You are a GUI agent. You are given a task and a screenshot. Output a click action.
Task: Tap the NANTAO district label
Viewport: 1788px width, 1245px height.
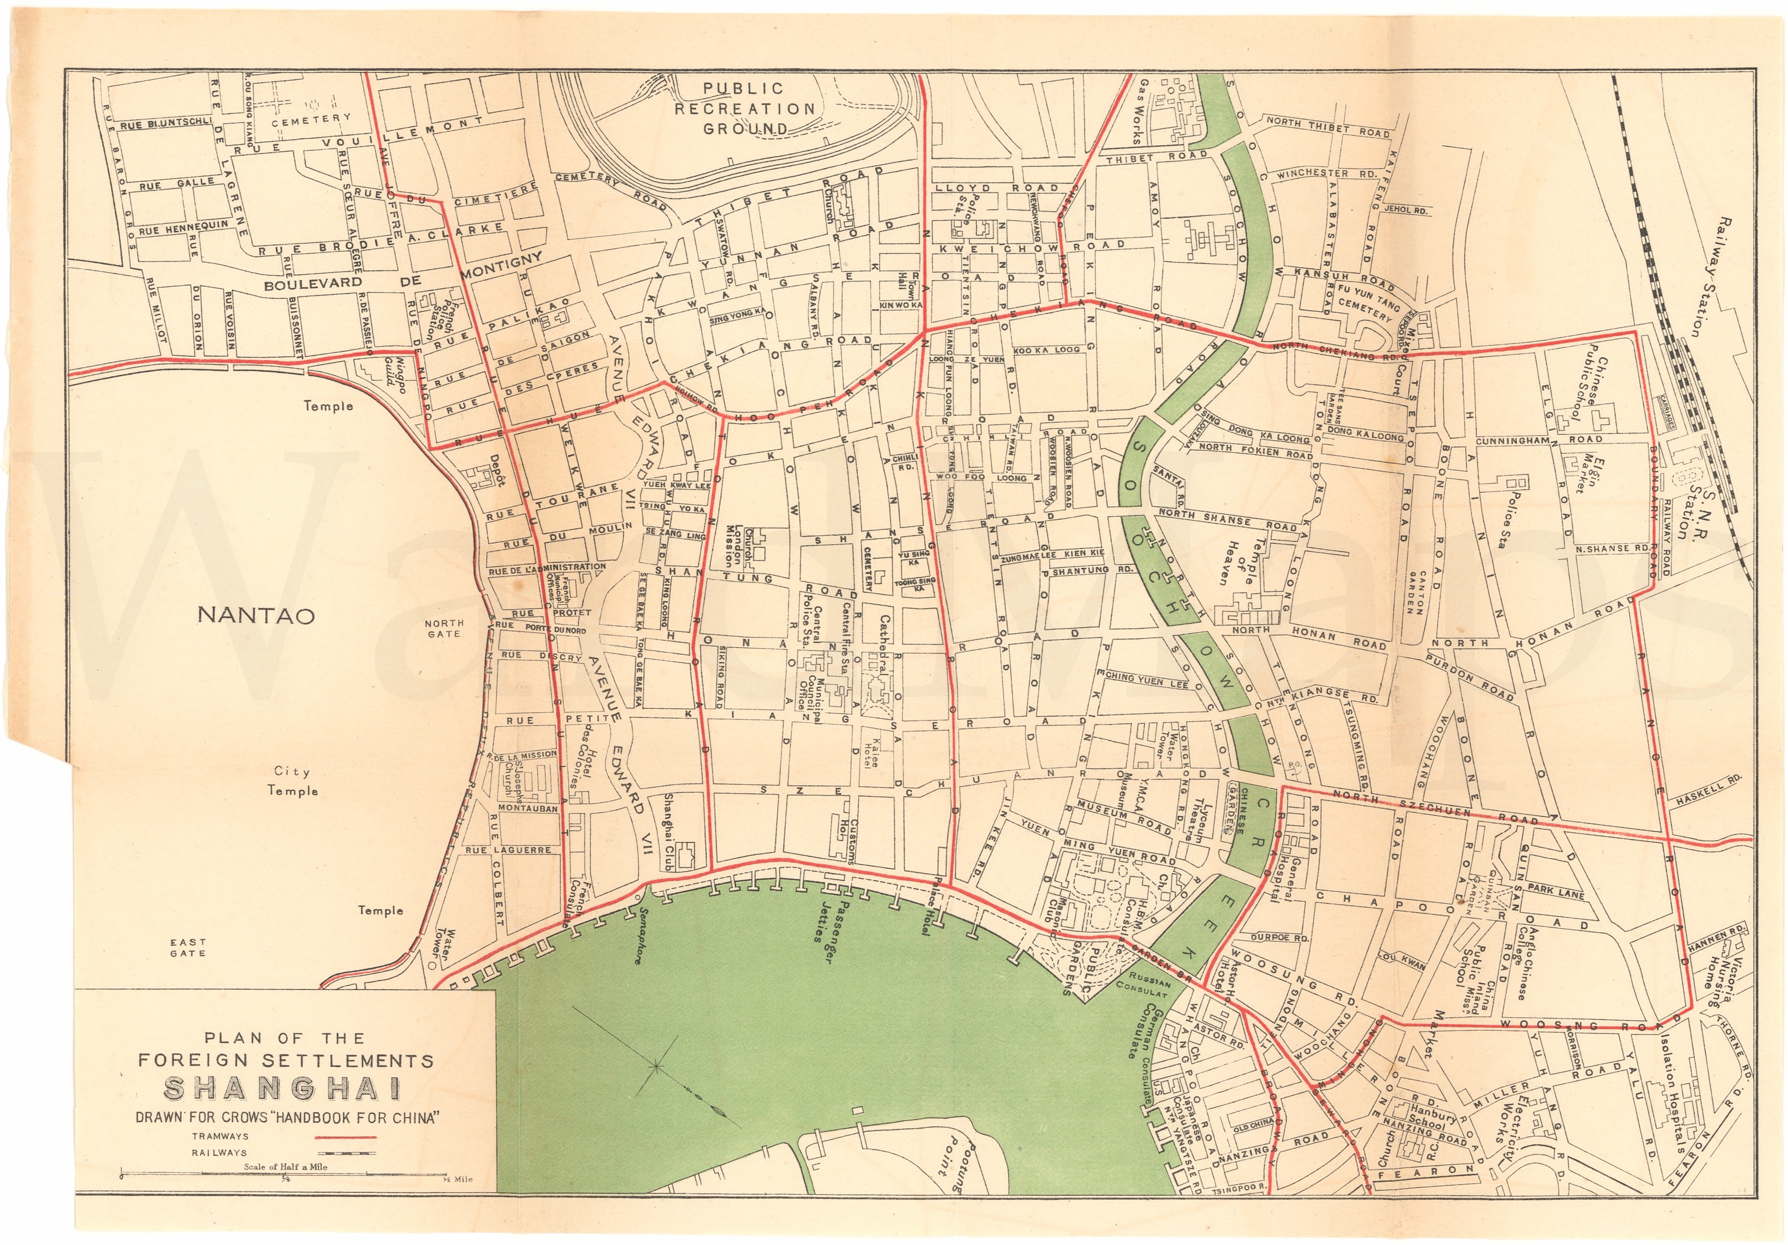(x=256, y=615)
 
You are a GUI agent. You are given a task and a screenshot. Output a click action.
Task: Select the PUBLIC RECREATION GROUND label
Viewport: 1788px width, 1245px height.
(x=744, y=109)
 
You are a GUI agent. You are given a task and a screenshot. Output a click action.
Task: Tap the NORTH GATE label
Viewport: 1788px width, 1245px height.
(x=444, y=628)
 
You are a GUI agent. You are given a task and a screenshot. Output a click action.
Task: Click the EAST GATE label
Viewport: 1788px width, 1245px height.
(x=189, y=948)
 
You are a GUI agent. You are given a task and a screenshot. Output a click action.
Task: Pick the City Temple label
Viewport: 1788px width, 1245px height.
(x=293, y=781)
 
